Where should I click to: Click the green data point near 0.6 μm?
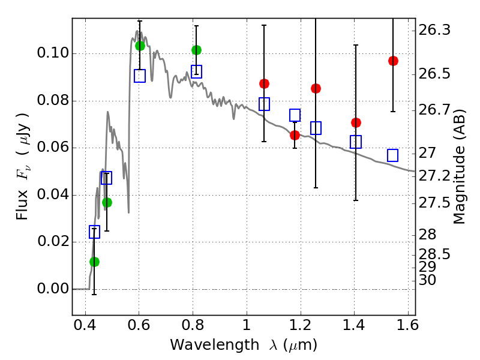pyautogui.click(x=140, y=46)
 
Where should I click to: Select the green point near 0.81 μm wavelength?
pyautogui.click(x=196, y=50)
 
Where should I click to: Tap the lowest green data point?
pyautogui.click(x=94, y=262)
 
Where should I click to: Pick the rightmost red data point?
pyautogui.click(x=393, y=61)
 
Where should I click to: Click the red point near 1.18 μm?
pyautogui.click(x=295, y=135)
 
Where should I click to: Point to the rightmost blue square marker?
pyautogui.click(x=393, y=155)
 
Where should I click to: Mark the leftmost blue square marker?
pyautogui.click(x=94, y=232)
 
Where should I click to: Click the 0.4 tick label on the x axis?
pyautogui.click(x=85, y=328)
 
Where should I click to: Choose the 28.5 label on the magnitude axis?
pyautogui.click(x=434, y=254)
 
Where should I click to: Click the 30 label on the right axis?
pyautogui.click(x=429, y=280)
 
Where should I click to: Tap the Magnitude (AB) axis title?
pyautogui.click(x=460, y=166)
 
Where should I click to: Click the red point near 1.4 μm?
pyautogui.click(x=356, y=122)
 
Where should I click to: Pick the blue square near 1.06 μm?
pyautogui.click(x=264, y=104)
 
